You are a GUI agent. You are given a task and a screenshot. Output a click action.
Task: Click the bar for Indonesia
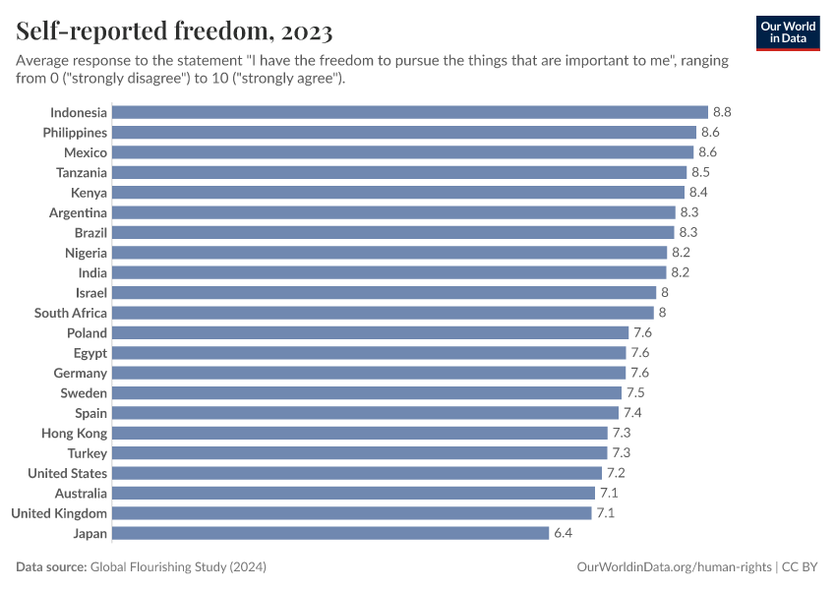pyautogui.click(x=410, y=112)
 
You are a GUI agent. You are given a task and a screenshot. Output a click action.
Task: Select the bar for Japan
pyautogui.click(x=330, y=533)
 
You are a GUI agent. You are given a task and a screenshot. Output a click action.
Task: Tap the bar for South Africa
pyautogui.click(x=383, y=313)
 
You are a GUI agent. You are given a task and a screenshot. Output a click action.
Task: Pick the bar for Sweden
pyautogui.click(x=366, y=392)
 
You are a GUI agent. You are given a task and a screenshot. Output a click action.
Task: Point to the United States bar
pyautogui.click(x=356, y=473)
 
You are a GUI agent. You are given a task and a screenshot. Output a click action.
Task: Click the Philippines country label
pyautogui.click(x=75, y=132)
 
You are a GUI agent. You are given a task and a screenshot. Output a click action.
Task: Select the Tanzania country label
pyautogui.click(x=82, y=172)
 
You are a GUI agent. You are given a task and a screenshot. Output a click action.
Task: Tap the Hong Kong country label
pyautogui.click(x=75, y=433)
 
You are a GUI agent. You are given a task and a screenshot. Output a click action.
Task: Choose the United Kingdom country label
pyautogui.click(x=59, y=513)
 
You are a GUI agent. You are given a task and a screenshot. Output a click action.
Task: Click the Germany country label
pyautogui.click(x=81, y=373)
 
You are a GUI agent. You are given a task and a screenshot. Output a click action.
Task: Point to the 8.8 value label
pyautogui.click(x=722, y=112)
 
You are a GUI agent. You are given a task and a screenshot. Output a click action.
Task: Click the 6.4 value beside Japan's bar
pyautogui.click(x=563, y=533)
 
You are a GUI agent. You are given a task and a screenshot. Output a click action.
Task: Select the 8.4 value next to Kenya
pyautogui.click(x=698, y=193)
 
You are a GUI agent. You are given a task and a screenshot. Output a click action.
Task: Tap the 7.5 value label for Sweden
pyautogui.click(x=635, y=392)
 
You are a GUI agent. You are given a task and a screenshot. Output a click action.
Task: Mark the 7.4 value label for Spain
pyautogui.click(x=632, y=413)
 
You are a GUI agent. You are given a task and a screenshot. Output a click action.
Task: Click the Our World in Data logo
pyautogui.click(x=788, y=32)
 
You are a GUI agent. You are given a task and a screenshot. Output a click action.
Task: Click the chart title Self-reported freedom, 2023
pyautogui.click(x=174, y=32)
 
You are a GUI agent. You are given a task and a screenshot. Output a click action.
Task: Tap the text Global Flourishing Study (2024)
pyautogui.click(x=178, y=567)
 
